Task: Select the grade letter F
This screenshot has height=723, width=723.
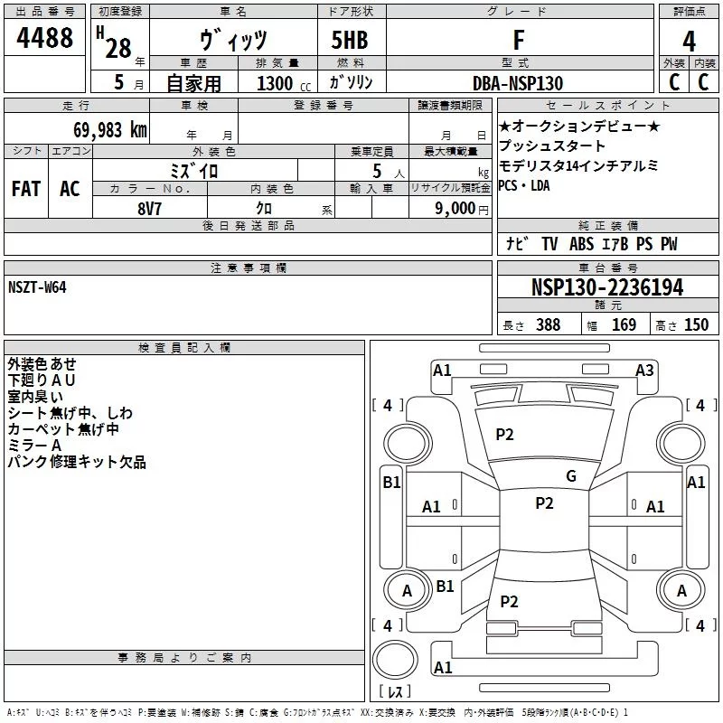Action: (518, 41)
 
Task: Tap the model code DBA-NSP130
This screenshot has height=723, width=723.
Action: (518, 83)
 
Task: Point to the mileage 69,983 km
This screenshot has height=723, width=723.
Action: (100, 129)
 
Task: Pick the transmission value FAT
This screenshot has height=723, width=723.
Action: (26, 188)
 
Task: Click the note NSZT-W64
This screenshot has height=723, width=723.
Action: (37, 286)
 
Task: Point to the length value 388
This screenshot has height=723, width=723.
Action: (548, 324)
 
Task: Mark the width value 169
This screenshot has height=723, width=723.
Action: (624, 324)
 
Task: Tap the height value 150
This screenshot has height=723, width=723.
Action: (696, 324)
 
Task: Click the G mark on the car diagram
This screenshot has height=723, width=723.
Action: (571, 476)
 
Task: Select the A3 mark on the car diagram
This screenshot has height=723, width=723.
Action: (644, 370)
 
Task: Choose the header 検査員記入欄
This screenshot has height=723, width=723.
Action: (184, 347)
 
